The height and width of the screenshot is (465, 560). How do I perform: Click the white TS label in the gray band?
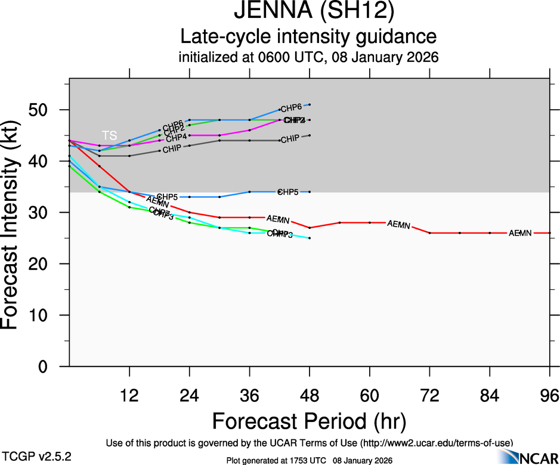(x=109, y=135)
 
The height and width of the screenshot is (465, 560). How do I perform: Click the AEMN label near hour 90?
(x=520, y=233)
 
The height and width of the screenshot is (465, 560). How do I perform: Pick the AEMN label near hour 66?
(x=398, y=225)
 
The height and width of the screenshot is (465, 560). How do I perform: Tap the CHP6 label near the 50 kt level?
(x=291, y=108)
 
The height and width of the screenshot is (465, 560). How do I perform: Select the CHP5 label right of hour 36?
(x=288, y=192)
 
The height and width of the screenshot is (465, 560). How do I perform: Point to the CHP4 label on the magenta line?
(x=177, y=138)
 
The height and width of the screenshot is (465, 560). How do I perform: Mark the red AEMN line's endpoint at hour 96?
(x=549, y=233)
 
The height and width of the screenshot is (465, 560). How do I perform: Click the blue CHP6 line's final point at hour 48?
(x=310, y=105)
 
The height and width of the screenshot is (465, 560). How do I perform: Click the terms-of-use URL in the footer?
(x=436, y=443)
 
